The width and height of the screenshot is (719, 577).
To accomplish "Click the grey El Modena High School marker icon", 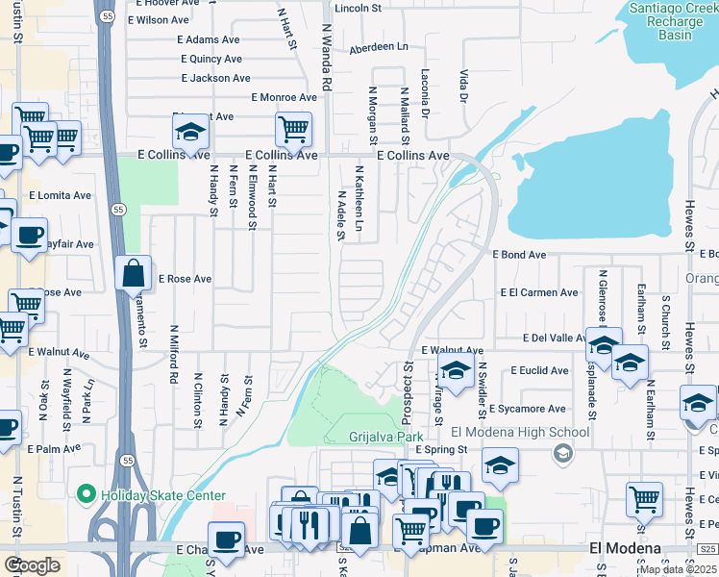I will click(x=564, y=452).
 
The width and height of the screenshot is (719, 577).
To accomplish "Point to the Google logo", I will click(x=32, y=565).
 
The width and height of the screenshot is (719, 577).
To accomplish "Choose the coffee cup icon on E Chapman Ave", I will click(x=227, y=539).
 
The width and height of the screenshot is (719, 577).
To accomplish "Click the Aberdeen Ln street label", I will click(x=379, y=46).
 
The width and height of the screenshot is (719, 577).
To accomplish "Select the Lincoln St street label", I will click(x=358, y=8).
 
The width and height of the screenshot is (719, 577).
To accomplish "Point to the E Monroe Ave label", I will click(x=284, y=97).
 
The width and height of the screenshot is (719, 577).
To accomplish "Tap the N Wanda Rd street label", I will click(x=326, y=59).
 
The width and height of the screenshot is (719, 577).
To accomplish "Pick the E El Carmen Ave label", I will click(x=539, y=293).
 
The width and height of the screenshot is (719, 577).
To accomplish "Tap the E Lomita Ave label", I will click(x=60, y=195).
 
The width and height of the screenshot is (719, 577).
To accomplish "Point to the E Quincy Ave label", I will click(x=210, y=59).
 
